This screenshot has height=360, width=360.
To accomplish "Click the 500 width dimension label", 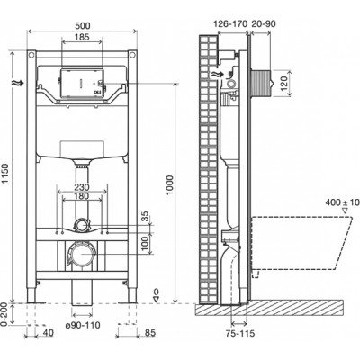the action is [x=82, y=26].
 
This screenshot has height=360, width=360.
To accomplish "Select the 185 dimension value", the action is [x=82, y=37].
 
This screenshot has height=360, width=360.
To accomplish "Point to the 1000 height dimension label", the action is [x=170, y=185].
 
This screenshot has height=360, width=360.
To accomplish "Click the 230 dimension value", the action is [x=82, y=187].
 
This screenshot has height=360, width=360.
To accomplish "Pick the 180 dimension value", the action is [x=82, y=196].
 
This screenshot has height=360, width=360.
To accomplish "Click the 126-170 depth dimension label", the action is [x=230, y=23].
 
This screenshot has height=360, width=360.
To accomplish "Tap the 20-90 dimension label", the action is [x=263, y=23].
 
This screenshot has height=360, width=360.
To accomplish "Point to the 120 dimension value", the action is [x=284, y=83].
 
